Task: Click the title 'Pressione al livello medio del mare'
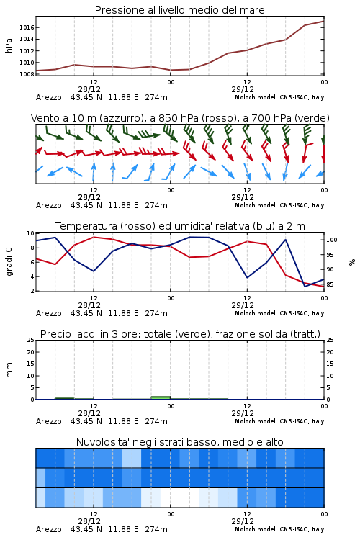pos(179,10)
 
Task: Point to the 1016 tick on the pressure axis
pos(27,27)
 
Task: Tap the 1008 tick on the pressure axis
pos(27,74)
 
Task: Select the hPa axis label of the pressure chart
pos(9,45)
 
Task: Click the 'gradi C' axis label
pos(9,261)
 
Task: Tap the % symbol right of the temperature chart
pos(352,262)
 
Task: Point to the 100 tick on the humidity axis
pos(332,240)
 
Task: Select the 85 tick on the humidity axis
pos(330,284)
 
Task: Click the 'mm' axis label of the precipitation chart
pos(9,369)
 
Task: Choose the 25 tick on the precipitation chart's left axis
pos(31,340)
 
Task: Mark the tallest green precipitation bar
pos(161,397)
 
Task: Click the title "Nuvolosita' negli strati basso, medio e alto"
pos(179,442)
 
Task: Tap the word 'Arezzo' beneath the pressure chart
pos(48,97)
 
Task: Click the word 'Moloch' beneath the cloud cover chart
pos(245,529)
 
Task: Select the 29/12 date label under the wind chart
pos(243,197)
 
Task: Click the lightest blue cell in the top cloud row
pos(132,458)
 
